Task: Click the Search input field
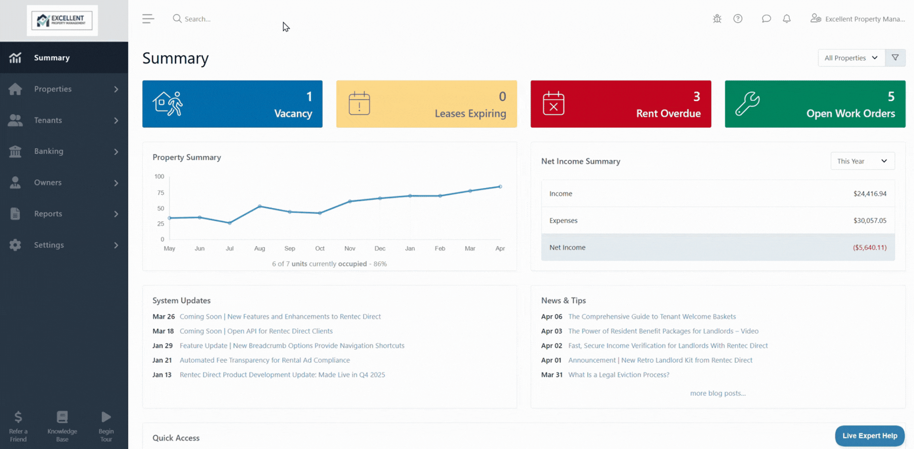coord(218,19)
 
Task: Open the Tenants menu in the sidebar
coord(48,120)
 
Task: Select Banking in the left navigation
coord(48,151)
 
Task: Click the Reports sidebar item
coord(48,214)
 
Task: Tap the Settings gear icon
coord(15,245)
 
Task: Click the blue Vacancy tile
coord(232,104)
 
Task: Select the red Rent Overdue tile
coord(621,104)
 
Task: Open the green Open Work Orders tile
coord(815,104)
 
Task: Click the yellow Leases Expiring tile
coord(427,104)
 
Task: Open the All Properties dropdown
coord(851,58)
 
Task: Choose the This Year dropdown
coord(862,161)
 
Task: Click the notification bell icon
coord(787,19)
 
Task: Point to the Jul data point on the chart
coord(229,223)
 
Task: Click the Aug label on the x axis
coord(259,248)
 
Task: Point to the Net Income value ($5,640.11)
coord(869,248)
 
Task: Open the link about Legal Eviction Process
coord(619,375)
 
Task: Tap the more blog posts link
coord(717,393)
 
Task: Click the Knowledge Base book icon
coord(62,417)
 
